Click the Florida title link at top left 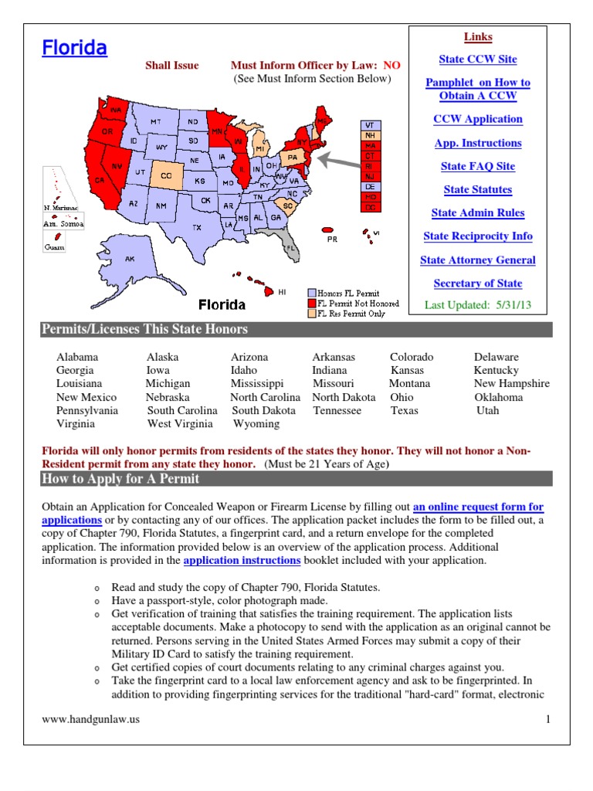74,49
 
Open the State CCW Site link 477,59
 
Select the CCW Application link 477,119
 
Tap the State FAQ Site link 477,166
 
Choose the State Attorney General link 477,260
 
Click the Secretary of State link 477,283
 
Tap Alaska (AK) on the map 130,260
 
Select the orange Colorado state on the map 165,175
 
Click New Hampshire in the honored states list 511,383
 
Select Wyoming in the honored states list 256,423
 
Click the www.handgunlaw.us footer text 90,720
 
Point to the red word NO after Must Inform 391,66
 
